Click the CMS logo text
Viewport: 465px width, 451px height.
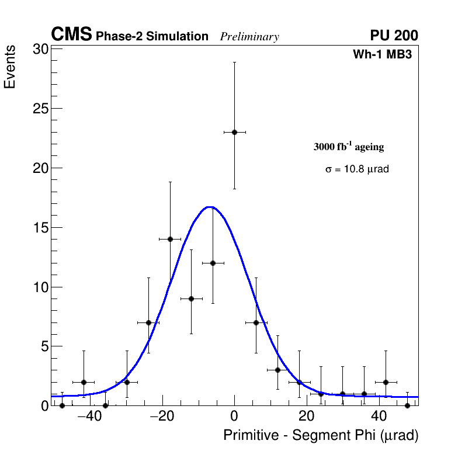click(71, 35)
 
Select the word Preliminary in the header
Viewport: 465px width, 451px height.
click(249, 37)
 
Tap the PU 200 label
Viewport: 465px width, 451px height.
click(394, 36)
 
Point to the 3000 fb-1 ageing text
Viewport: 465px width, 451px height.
click(349, 147)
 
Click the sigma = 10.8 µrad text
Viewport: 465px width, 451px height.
click(357, 169)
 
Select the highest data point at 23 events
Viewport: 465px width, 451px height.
click(234, 132)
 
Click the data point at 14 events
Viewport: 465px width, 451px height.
click(170, 239)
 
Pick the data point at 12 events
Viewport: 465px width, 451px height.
click(213, 263)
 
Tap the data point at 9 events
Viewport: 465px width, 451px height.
click(191, 299)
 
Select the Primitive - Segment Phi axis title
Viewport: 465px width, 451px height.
click(321, 435)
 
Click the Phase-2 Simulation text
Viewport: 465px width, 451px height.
click(152, 37)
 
